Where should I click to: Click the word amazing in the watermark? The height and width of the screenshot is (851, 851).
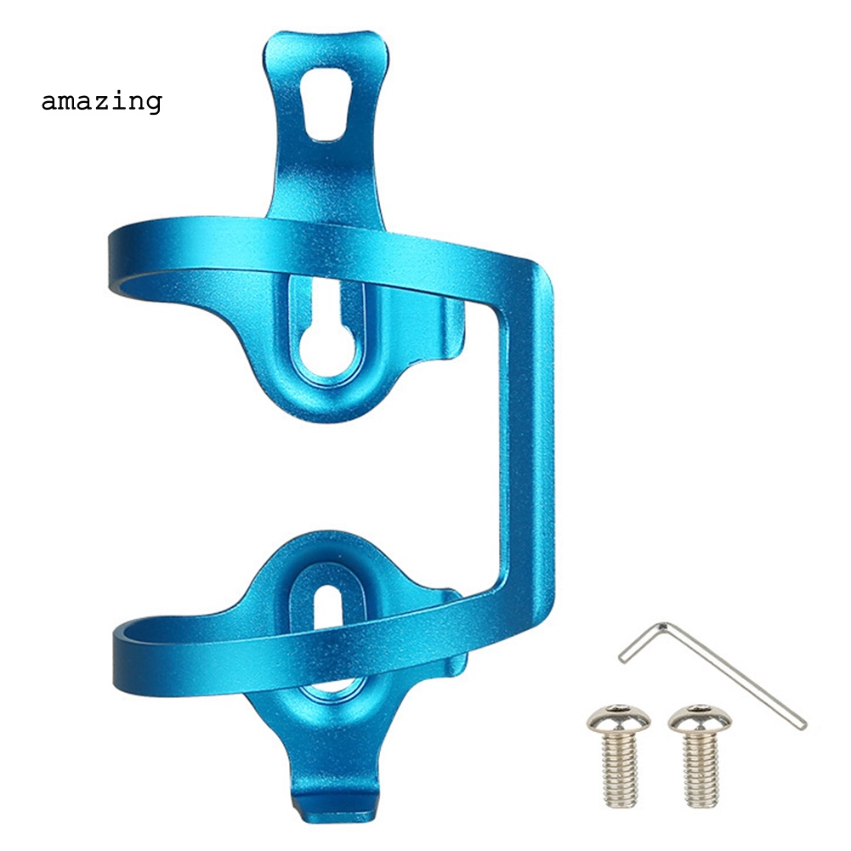click(x=101, y=102)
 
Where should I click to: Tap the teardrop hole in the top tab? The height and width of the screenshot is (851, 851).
click(x=325, y=104)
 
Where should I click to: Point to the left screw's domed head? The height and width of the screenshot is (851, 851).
click(x=618, y=720)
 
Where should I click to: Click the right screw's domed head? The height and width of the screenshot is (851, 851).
click(x=700, y=720)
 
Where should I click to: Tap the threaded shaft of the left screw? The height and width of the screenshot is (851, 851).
click(x=620, y=769)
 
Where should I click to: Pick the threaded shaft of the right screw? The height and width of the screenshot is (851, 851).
click(x=701, y=769)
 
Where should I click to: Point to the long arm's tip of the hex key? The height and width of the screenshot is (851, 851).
click(x=803, y=724)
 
